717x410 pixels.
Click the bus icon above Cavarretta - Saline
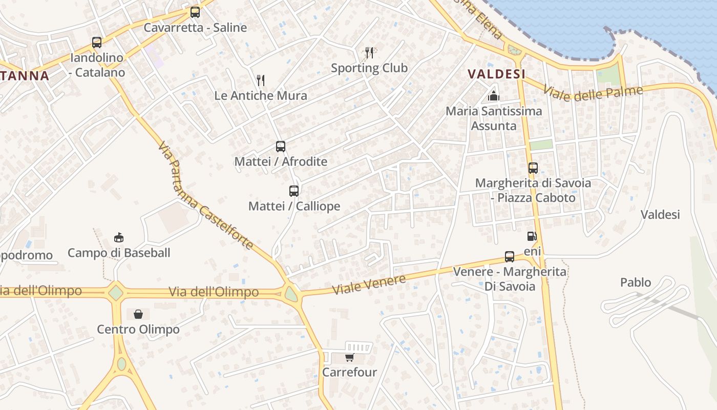coord(195,12)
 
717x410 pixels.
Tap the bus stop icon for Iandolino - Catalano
coord(97,43)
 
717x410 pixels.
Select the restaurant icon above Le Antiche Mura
coord(261,80)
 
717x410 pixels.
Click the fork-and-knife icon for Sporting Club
coord(369,52)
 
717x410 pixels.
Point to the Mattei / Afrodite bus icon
coord(281,147)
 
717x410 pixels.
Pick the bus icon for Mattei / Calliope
coord(294,191)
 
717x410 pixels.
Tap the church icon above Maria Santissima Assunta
coord(494,96)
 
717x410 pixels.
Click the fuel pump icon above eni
coord(532,236)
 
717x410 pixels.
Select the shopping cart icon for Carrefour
coord(349,357)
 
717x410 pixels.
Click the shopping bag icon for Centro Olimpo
coord(138,314)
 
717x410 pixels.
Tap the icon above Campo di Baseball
coord(119,238)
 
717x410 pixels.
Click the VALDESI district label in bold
coord(497,74)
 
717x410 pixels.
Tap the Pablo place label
coord(636,282)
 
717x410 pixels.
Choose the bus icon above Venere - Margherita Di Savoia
coord(510,257)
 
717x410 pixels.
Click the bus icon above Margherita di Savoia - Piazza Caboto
coord(533,168)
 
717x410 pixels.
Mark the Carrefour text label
coord(349,373)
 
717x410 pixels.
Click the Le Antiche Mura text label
coord(261,96)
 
